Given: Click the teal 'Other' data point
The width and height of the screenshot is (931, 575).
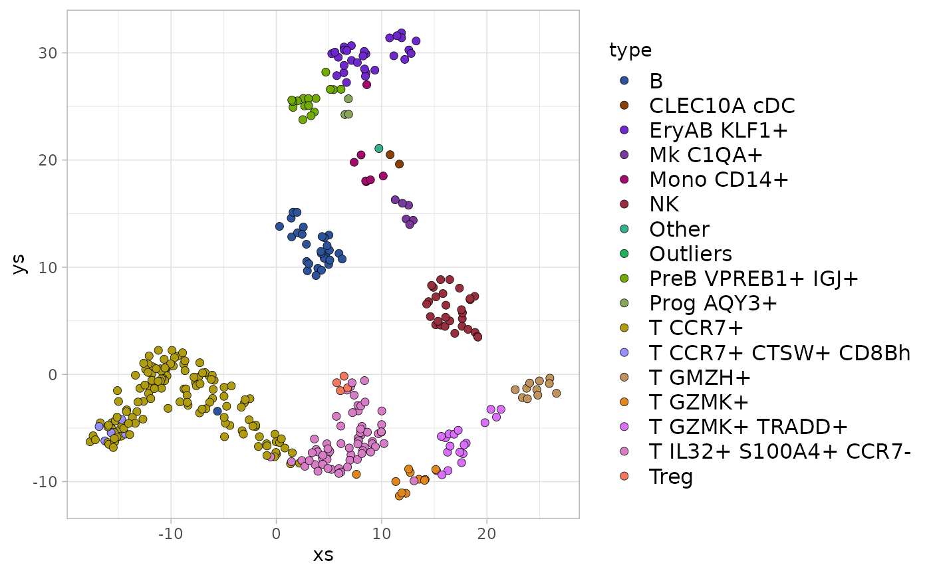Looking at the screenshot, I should pos(379,148).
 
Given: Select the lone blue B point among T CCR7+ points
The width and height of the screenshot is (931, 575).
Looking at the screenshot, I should pos(217,411).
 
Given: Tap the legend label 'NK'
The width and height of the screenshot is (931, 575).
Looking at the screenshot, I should pos(664,205).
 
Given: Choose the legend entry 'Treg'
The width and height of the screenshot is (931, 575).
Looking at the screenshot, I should pos(671,477).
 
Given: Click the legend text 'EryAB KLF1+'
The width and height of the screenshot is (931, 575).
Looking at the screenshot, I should pos(719,130).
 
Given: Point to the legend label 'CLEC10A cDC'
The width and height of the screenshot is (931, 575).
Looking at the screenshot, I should pos(722,106).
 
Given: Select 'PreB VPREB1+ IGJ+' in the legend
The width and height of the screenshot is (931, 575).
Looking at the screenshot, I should pos(754,279).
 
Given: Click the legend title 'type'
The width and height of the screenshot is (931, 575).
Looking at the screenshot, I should pos(630,50).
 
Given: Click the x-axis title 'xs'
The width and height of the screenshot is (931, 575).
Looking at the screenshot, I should pos(323,554).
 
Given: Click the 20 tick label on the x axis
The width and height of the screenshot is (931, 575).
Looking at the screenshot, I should pos(487,533).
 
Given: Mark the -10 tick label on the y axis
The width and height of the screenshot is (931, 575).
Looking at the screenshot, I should pos(45,481).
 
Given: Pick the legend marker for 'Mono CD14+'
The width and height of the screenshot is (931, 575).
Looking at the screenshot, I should pos(624,180).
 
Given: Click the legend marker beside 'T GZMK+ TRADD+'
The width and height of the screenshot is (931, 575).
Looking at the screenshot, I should pos(624,427).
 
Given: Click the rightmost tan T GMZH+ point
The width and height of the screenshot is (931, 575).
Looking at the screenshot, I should pos(556,393).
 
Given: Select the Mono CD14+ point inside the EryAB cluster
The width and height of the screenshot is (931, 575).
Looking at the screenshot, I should pos(366,84).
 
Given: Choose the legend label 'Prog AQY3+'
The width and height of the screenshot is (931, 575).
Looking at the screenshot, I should pos(713,303).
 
